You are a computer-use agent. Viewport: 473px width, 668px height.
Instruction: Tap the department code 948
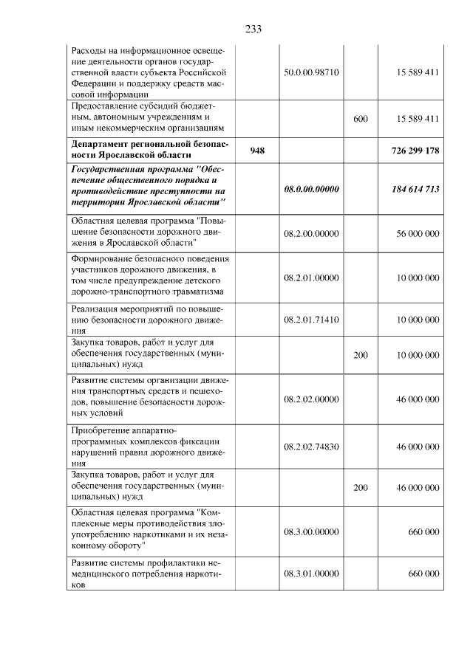pyautogui.click(x=257, y=151)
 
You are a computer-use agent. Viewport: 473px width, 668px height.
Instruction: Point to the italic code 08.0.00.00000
pyautogui.click(x=311, y=190)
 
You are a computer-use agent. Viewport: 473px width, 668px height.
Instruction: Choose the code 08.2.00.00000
pyautogui.click(x=311, y=233)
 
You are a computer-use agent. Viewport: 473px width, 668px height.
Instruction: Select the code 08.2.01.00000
pyautogui.click(x=311, y=278)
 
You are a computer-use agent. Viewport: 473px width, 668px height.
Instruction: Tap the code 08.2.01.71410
pyautogui.click(x=311, y=320)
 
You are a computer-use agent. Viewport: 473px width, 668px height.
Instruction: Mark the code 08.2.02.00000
pyautogui.click(x=311, y=399)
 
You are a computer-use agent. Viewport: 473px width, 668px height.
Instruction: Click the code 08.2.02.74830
pyautogui.click(x=311, y=447)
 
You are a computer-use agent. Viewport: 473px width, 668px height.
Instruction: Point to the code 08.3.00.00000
pyautogui.click(x=311, y=531)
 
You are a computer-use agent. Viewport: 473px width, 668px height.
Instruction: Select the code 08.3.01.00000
pyautogui.click(x=311, y=574)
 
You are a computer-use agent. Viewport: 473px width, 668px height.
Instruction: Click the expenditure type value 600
pyautogui.click(x=361, y=119)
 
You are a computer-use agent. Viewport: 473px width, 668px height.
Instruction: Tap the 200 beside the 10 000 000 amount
pyautogui.click(x=361, y=355)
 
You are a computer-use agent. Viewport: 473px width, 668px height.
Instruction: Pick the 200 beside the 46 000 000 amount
pyautogui.click(x=361, y=488)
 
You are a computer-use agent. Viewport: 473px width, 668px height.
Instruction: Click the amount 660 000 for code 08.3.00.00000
pyautogui.click(x=424, y=531)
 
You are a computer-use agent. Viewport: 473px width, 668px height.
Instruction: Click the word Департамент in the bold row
pyautogui.click(x=100, y=144)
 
